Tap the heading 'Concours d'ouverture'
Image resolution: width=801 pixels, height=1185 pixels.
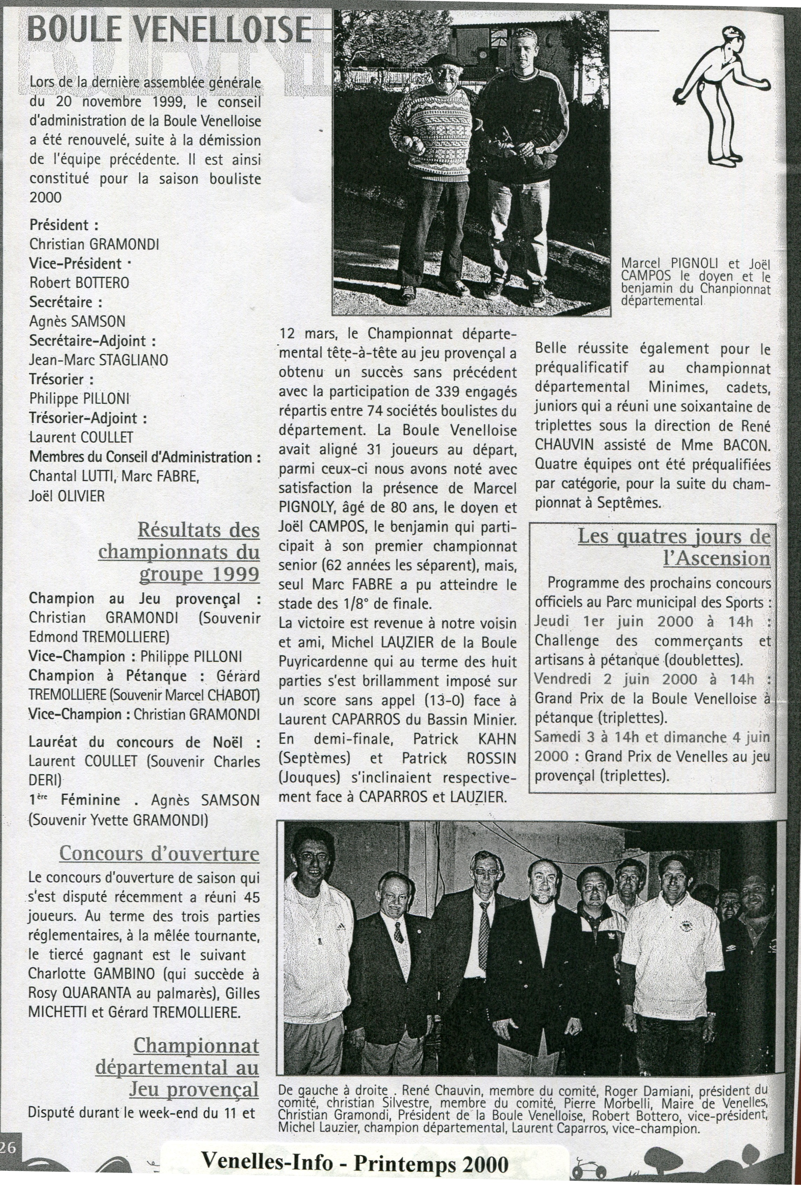(x=159, y=853)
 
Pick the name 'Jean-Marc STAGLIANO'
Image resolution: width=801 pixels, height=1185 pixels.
(x=99, y=360)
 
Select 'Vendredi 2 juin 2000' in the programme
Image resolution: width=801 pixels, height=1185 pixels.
(x=615, y=679)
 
